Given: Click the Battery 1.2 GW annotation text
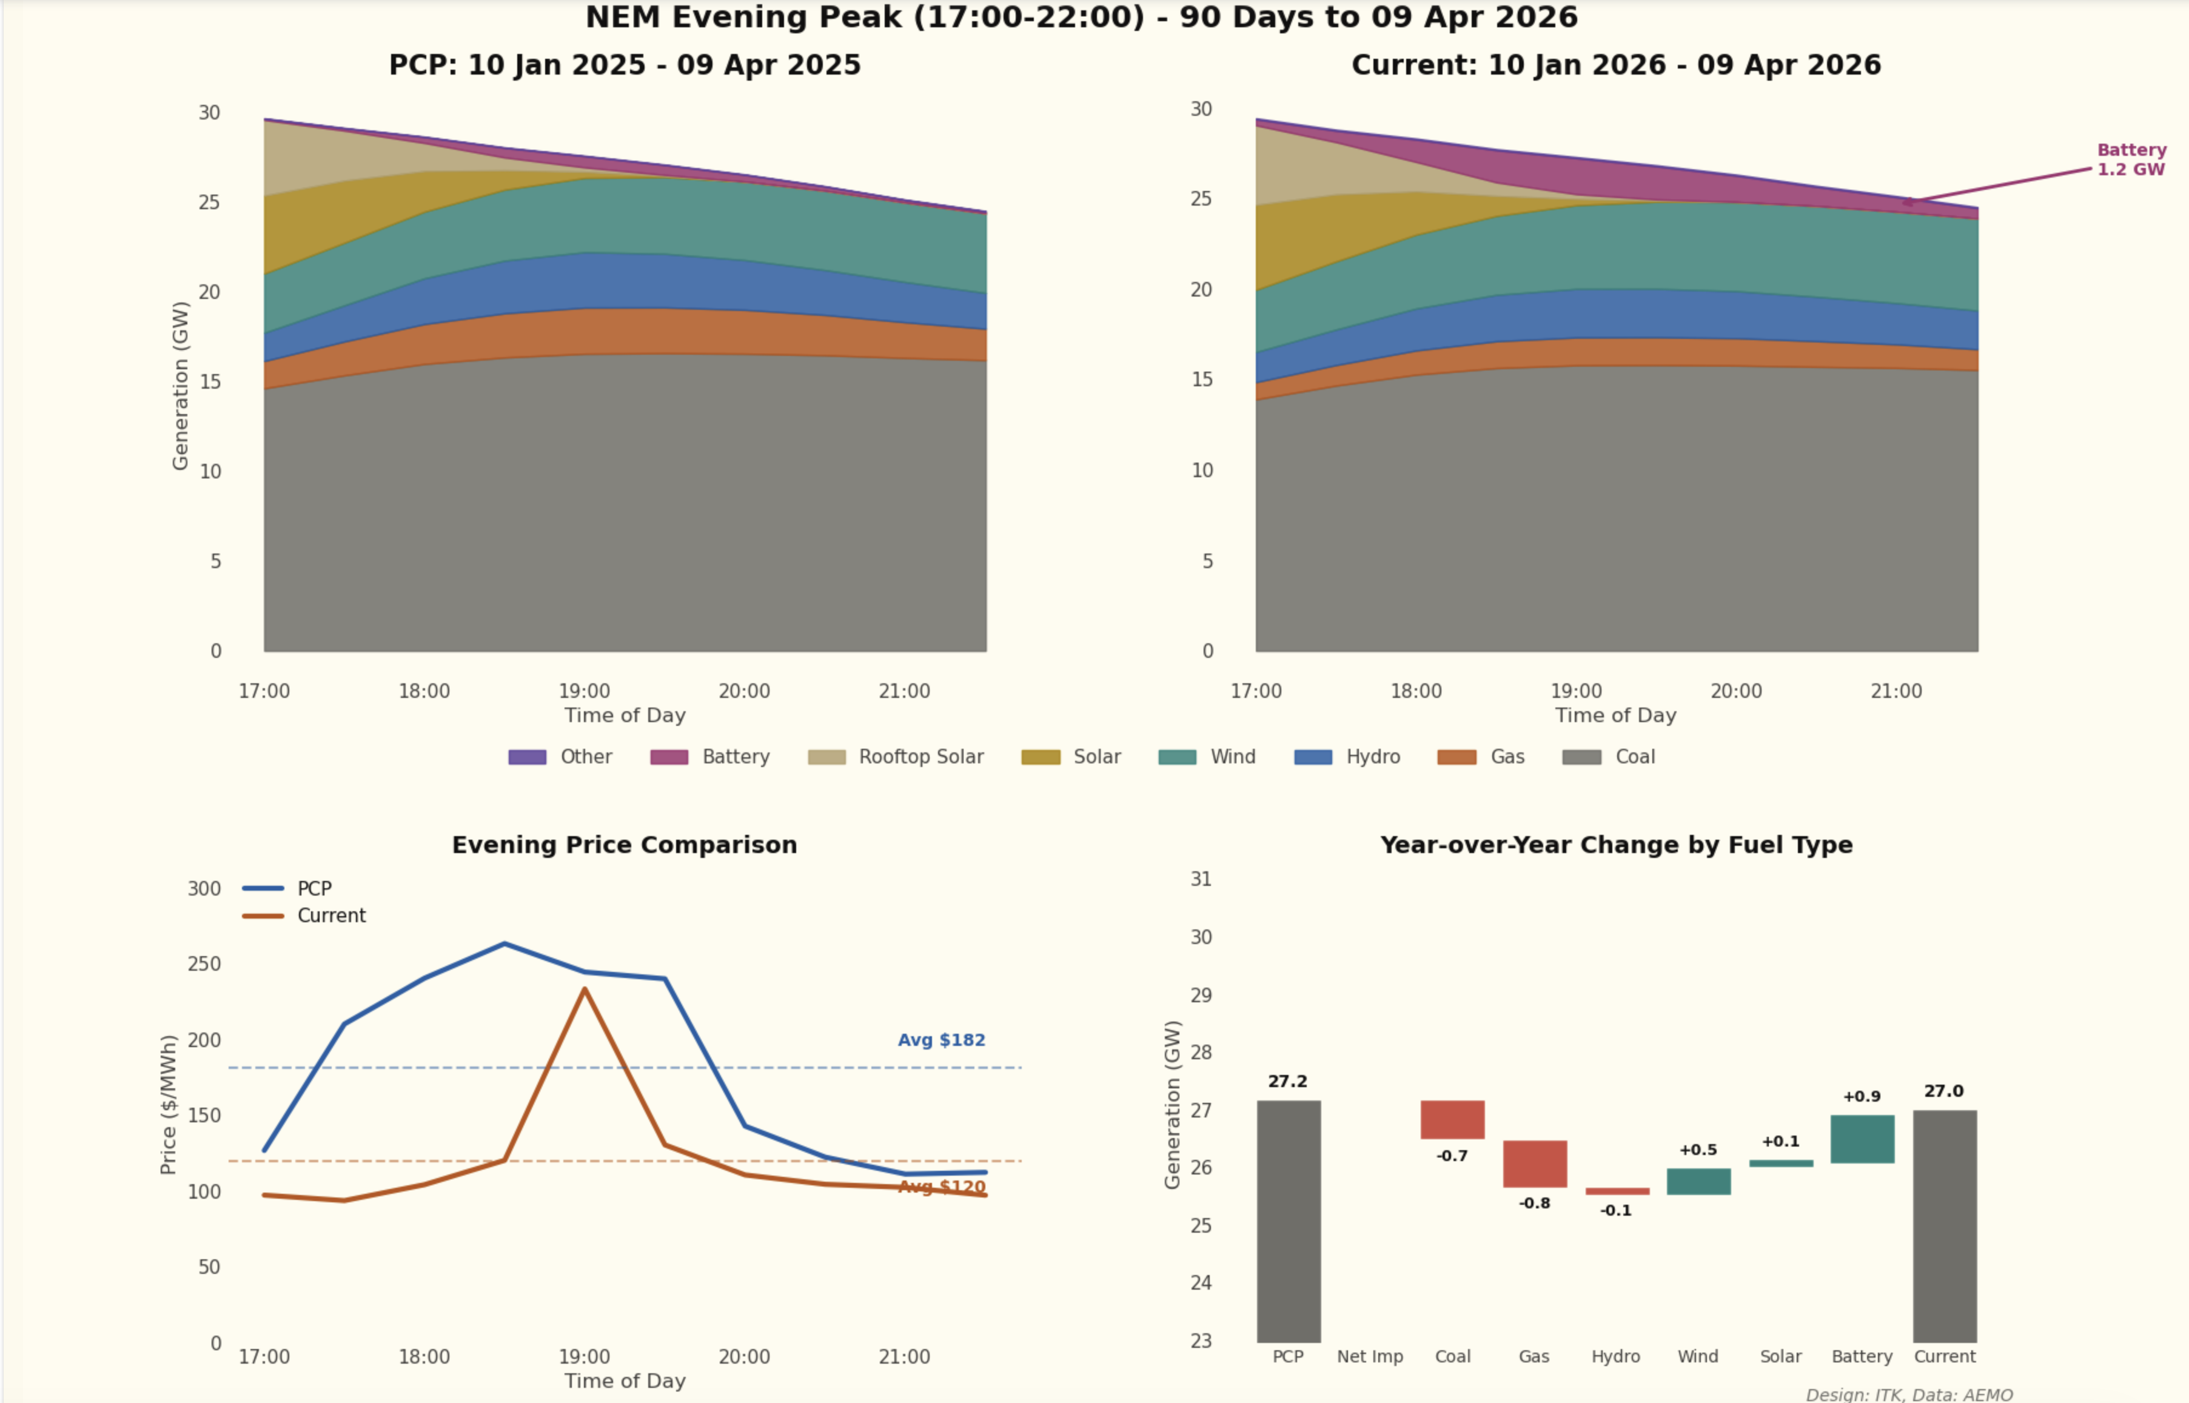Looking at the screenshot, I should click(x=2131, y=159).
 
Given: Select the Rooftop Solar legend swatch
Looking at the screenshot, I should click(x=826, y=757).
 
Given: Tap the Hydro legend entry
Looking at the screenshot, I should click(x=1347, y=757).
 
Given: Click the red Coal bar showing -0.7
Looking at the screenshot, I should click(x=1452, y=1120).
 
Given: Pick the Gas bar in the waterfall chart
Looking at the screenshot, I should click(x=1534, y=1164).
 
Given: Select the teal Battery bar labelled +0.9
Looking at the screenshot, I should click(x=1862, y=1139).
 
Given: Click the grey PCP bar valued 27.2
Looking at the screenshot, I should click(x=1288, y=1221).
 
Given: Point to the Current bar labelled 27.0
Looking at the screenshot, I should click(x=1944, y=1225).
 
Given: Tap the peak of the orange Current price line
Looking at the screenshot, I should click(x=584, y=989).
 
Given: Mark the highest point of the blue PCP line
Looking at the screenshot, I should click(x=505, y=944).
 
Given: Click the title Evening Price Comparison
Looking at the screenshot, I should click(x=624, y=845).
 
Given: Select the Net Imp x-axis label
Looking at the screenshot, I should click(x=1369, y=1356).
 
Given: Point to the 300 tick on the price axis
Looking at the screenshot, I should click(x=204, y=889).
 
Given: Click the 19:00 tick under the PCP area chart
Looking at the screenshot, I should click(x=584, y=691).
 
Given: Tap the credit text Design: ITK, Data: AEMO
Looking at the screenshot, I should click(x=1908, y=1395).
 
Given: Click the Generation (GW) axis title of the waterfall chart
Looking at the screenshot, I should click(x=1172, y=1104).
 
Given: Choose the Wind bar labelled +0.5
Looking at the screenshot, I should click(x=1698, y=1182).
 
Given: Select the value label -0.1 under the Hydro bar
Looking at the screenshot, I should click(x=1616, y=1211).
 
